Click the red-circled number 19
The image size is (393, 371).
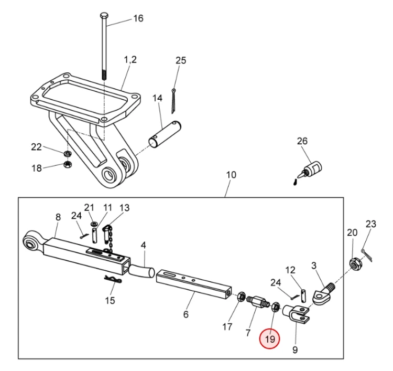tap(270, 340)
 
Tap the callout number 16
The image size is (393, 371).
tap(137, 18)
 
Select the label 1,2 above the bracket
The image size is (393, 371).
tap(130, 60)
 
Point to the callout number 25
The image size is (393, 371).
tap(180, 60)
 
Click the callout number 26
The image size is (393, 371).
tap(302, 141)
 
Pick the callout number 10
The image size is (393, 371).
tap(231, 174)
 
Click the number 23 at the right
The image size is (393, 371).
tap(370, 224)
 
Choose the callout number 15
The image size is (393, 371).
tap(110, 301)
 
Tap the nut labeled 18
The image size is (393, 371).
tap(68, 165)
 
